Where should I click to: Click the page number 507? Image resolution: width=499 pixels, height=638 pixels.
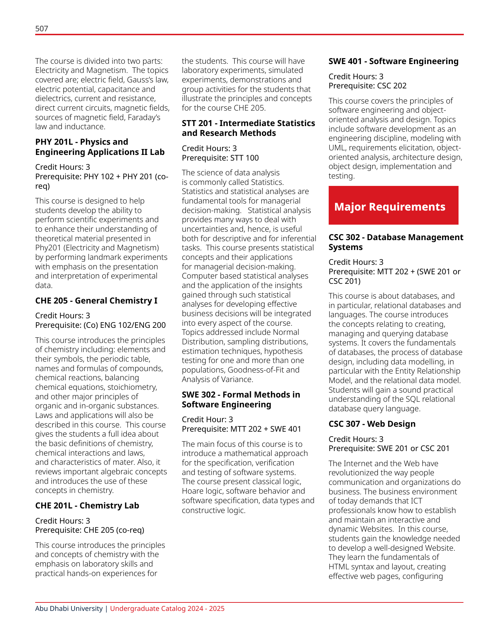[x=42, y=29]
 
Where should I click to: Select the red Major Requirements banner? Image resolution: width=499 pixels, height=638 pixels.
[x=393, y=205]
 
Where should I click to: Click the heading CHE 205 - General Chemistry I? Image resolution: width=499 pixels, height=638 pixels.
[x=96, y=301]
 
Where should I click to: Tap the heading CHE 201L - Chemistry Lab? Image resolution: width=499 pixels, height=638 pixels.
[x=87, y=506]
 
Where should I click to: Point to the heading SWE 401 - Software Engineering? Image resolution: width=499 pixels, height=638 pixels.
[x=393, y=61]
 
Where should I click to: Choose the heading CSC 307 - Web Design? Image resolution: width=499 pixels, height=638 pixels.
[x=372, y=424]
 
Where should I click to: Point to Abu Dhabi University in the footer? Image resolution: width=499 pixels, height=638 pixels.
[x=69, y=608]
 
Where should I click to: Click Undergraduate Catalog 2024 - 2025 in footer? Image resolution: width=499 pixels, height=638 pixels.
[x=167, y=608]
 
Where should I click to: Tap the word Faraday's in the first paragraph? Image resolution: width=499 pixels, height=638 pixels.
[x=144, y=117]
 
